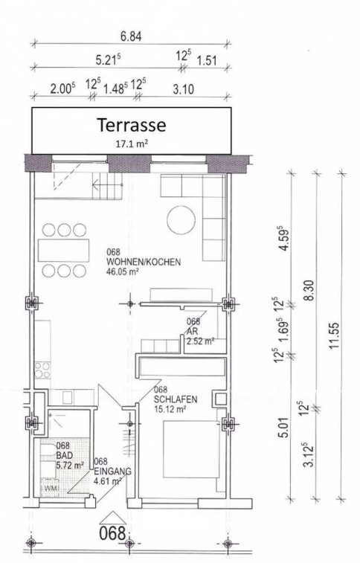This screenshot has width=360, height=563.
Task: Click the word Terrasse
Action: tap(132, 125)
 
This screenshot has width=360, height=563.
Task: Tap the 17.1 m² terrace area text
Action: tap(132, 144)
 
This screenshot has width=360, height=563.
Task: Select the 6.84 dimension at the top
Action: tap(131, 36)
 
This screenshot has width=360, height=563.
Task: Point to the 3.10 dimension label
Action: tap(183, 89)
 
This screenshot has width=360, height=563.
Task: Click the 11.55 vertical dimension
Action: tap(333, 335)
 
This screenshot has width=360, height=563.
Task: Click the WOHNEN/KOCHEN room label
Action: tap(144, 262)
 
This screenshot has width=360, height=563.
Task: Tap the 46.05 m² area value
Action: tap(123, 271)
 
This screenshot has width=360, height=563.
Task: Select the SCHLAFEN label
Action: tap(176, 399)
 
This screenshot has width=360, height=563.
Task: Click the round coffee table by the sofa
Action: tap(181, 220)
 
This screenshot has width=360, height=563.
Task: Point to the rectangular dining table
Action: tap(63, 250)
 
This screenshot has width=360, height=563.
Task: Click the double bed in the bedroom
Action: tap(191, 449)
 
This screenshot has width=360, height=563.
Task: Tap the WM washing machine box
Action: tap(50, 489)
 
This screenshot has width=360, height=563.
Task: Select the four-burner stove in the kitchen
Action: tap(42, 370)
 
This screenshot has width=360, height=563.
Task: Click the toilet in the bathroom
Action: tap(48, 449)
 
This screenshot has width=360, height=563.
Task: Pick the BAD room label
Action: tap(65, 455)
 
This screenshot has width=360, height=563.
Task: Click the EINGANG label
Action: tap(113, 472)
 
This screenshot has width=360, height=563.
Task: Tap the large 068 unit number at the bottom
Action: tap(113, 533)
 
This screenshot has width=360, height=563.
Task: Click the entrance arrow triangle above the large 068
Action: tap(113, 518)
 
